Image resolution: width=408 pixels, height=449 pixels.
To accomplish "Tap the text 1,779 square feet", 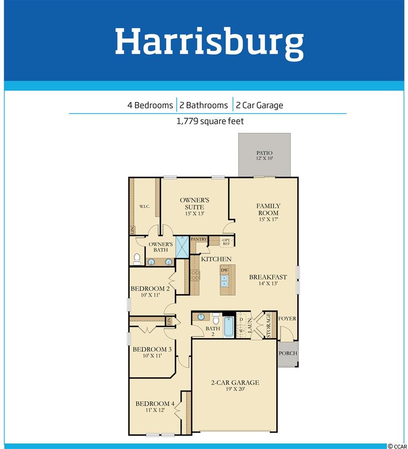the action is tap(210, 121).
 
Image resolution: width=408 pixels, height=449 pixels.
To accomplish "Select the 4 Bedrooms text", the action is tap(150, 105).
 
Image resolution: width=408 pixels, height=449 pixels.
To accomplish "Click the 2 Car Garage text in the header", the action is tap(260, 105).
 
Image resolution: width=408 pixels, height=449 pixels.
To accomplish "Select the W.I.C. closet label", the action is tap(144, 206).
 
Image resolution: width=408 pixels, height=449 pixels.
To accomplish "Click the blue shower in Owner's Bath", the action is tap(182, 246).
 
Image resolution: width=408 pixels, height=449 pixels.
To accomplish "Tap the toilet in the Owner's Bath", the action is tap(137, 259).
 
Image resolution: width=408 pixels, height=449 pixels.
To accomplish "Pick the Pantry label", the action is tap(199, 239).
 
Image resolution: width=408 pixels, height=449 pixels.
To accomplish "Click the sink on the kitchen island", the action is tap(224, 281).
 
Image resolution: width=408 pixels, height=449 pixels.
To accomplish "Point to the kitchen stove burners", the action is tap(195, 275).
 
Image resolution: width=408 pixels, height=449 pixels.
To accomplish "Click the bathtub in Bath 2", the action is tap(229, 326).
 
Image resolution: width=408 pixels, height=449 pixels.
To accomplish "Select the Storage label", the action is tap(269, 325).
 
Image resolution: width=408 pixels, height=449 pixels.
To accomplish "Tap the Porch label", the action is tap(288, 354).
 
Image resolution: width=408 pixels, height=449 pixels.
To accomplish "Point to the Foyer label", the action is tap(287, 319).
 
